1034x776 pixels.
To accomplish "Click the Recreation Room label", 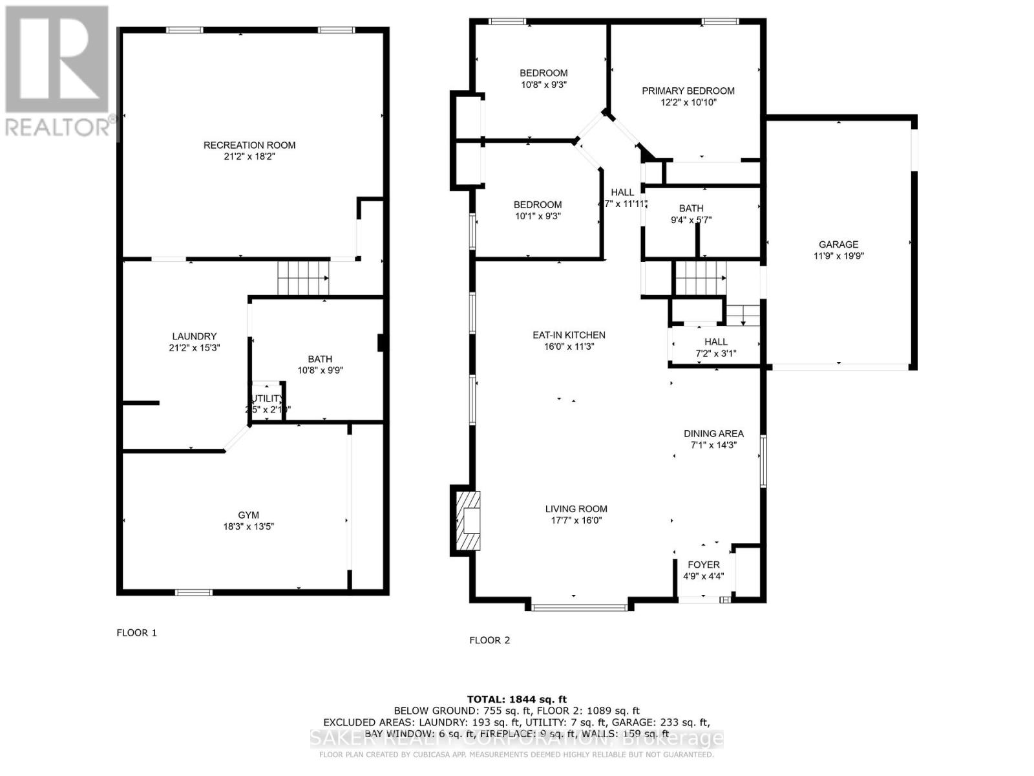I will coord(249,145).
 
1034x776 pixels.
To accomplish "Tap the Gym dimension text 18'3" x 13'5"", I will coord(249,526).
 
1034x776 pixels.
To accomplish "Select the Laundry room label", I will coord(194,336).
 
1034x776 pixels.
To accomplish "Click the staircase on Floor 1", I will coord(303,277).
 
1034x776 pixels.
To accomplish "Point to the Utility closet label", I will coord(266,398).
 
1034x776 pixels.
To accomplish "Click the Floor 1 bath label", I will coord(320,359).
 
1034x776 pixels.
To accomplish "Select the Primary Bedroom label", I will coord(688,91).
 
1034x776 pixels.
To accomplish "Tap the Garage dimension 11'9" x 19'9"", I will coord(838,256).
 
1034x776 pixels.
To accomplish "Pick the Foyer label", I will coord(703,565).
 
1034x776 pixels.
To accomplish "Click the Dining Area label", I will coord(713,433).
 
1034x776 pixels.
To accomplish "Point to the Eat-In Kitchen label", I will coord(569,335).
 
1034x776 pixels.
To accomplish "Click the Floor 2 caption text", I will coord(489,640).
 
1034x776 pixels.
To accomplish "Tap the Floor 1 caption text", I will coord(136,632).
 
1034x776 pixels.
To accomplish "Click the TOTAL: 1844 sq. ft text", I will coord(516,699).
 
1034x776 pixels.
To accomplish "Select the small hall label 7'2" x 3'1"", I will coord(715,353).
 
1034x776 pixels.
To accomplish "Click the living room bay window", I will coord(579,607).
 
